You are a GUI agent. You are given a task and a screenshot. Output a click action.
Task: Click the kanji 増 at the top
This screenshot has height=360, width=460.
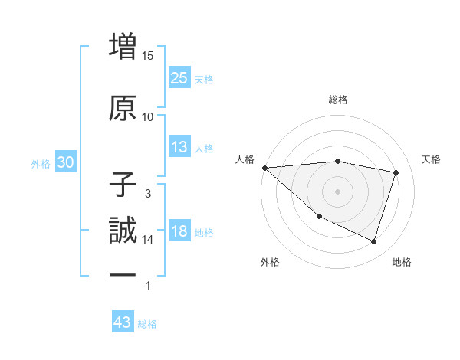coord(123,47)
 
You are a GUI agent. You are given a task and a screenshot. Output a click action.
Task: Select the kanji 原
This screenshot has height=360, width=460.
coord(123,108)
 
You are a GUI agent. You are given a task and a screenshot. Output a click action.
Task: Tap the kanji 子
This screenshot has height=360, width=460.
coord(123,185)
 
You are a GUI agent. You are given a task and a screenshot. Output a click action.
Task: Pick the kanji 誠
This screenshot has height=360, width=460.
coord(123,231)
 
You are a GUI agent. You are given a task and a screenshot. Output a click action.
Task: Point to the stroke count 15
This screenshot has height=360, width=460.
coord(148,56)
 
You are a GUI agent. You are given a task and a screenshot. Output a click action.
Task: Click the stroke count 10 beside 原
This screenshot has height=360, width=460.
coord(148,117)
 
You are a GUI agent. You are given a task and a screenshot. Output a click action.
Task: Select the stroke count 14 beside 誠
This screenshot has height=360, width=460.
coord(148,240)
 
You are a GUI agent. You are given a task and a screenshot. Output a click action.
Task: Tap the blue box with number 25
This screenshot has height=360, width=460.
coord(179,77)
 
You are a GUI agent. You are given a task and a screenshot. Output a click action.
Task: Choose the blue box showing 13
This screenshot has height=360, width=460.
coord(179,147)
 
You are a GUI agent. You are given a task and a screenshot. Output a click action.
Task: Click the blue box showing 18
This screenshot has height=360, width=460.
coord(179,231)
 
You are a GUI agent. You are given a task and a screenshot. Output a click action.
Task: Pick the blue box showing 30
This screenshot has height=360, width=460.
coord(65,162)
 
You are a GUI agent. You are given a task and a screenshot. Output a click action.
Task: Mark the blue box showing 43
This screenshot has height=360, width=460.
coord(123,322)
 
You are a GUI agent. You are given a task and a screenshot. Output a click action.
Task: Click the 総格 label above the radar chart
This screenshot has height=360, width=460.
coord(338,100)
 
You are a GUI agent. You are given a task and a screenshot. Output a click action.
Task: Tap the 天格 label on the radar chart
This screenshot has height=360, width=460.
coord(431,159)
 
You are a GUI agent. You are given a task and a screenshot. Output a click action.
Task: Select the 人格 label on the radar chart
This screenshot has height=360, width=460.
coord(245,159)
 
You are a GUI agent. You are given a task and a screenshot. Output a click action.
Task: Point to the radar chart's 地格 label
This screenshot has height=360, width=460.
coord(402,262)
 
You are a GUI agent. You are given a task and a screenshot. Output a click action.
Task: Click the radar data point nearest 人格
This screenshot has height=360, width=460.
coord(264,168)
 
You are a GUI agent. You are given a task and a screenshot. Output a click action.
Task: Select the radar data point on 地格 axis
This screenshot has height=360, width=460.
coord(373,242)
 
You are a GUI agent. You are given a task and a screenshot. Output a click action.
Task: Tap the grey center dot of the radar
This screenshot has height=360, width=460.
coord(338,191)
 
